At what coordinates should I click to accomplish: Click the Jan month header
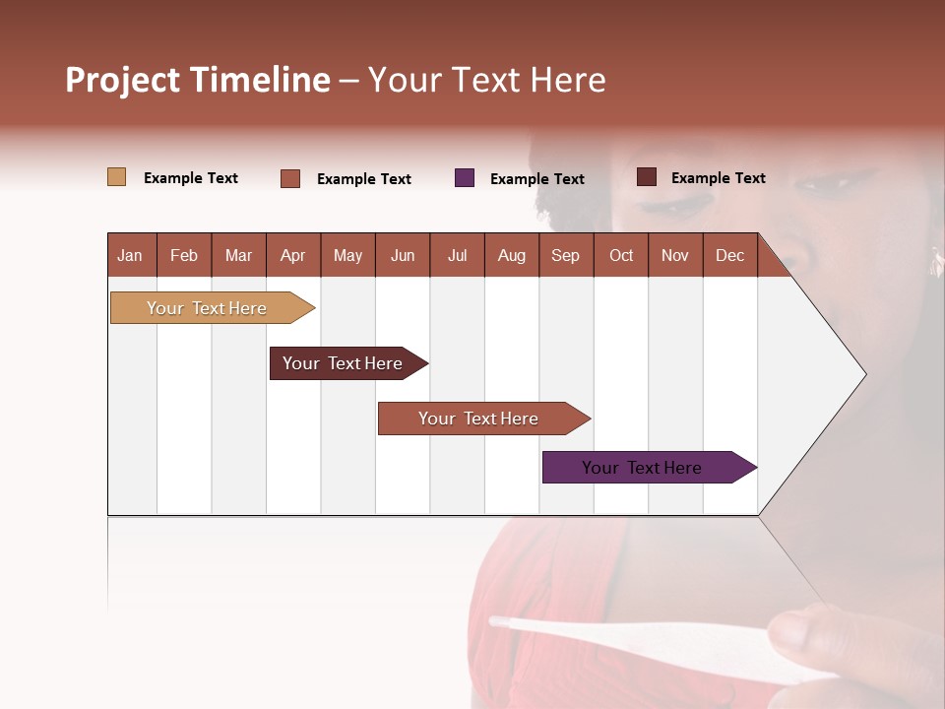130,255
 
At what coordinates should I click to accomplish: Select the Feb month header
184,255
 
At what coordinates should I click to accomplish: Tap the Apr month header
292,255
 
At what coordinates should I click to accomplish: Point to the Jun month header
402,255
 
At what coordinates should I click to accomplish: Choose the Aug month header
511,255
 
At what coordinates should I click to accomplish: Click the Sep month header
565,255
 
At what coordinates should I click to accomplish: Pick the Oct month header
621,255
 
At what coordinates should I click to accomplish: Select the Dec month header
729,255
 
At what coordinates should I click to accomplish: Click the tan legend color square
117,177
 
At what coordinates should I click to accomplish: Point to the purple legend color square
465,178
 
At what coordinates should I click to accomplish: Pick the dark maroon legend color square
647,177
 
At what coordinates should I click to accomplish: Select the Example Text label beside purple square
536,179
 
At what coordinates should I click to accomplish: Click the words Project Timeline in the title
198,80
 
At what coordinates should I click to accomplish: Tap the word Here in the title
568,80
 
